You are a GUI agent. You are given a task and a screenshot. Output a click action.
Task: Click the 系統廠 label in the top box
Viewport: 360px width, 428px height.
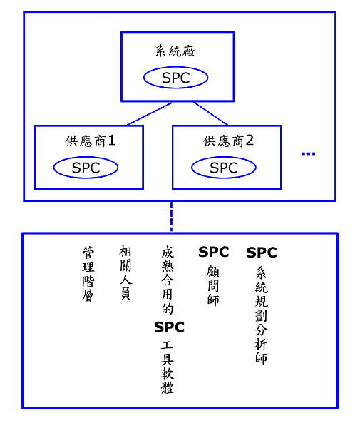(x=175, y=51)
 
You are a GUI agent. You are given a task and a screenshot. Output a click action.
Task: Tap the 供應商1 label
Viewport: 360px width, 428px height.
(x=90, y=141)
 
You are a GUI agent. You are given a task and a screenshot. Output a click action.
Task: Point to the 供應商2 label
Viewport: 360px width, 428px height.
(x=228, y=141)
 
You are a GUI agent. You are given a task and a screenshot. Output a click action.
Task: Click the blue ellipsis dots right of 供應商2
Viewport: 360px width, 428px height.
(x=309, y=153)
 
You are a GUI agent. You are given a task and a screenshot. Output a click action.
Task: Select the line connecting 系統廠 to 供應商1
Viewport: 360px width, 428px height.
(x=149, y=114)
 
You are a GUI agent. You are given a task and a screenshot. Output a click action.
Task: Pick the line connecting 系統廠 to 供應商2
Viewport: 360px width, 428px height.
(x=210, y=114)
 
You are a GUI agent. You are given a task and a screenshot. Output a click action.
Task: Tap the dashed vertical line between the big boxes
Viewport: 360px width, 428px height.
(x=171, y=217)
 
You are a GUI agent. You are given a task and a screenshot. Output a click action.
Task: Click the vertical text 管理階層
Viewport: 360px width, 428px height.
(x=88, y=274)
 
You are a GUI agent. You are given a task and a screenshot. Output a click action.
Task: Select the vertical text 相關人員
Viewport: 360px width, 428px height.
(x=125, y=272)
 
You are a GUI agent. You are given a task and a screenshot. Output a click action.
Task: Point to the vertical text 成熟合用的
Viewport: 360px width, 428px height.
(x=168, y=280)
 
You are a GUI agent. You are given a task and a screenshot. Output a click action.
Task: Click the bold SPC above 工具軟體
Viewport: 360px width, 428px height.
(x=170, y=327)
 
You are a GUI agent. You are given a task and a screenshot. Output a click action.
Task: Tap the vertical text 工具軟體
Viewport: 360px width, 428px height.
(x=168, y=367)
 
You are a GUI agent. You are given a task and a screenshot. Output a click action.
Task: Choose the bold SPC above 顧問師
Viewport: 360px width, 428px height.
(x=214, y=252)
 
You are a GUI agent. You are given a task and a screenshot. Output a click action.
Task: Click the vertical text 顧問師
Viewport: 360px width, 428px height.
(x=213, y=286)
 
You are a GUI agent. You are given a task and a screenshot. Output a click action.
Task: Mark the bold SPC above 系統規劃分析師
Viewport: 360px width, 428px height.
(x=262, y=253)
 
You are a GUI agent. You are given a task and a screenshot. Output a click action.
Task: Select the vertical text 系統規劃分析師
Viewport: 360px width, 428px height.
(x=262, y=315)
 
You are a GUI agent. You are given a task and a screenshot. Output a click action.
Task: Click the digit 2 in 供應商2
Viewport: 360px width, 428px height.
(x=250, y=141)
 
